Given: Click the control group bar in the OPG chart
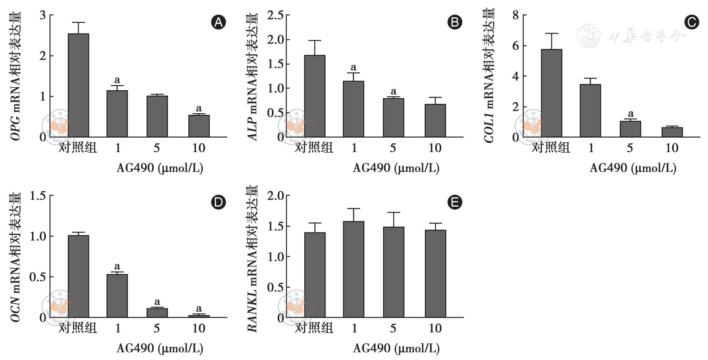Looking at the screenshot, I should tap(79, 85).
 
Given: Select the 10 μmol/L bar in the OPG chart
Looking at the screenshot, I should tap(199, 126).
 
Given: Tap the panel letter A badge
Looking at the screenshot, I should tap(218, 22).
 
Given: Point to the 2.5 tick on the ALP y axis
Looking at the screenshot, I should tap(276, 15).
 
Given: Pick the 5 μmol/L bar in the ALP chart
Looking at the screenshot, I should tap(393, 118).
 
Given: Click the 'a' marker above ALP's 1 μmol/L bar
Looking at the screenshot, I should tap(354, 67).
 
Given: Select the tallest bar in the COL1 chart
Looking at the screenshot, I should tap(552, 93).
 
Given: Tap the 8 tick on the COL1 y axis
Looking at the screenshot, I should tap(516, 15).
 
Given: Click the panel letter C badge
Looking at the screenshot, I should tap(691, 22).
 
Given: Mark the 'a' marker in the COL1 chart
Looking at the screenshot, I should tap(631, 114).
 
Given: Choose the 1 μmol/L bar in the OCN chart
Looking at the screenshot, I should tap(117, 296).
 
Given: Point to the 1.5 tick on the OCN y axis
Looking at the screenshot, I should tap(38, 196).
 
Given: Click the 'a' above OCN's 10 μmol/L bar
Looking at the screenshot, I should tap(199, 308).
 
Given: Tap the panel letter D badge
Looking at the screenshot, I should tap(218, 202).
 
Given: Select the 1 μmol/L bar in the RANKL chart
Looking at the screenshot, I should tap(354, 269).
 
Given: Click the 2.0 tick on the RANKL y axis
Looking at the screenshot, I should tap(276, 196).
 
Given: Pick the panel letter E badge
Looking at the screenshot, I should tap(455, 202).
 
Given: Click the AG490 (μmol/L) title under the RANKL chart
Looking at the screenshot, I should tap(396, 348).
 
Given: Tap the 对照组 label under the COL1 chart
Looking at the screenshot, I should tap(551, 148).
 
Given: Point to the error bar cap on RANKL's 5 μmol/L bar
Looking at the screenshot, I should tap(394, 212).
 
